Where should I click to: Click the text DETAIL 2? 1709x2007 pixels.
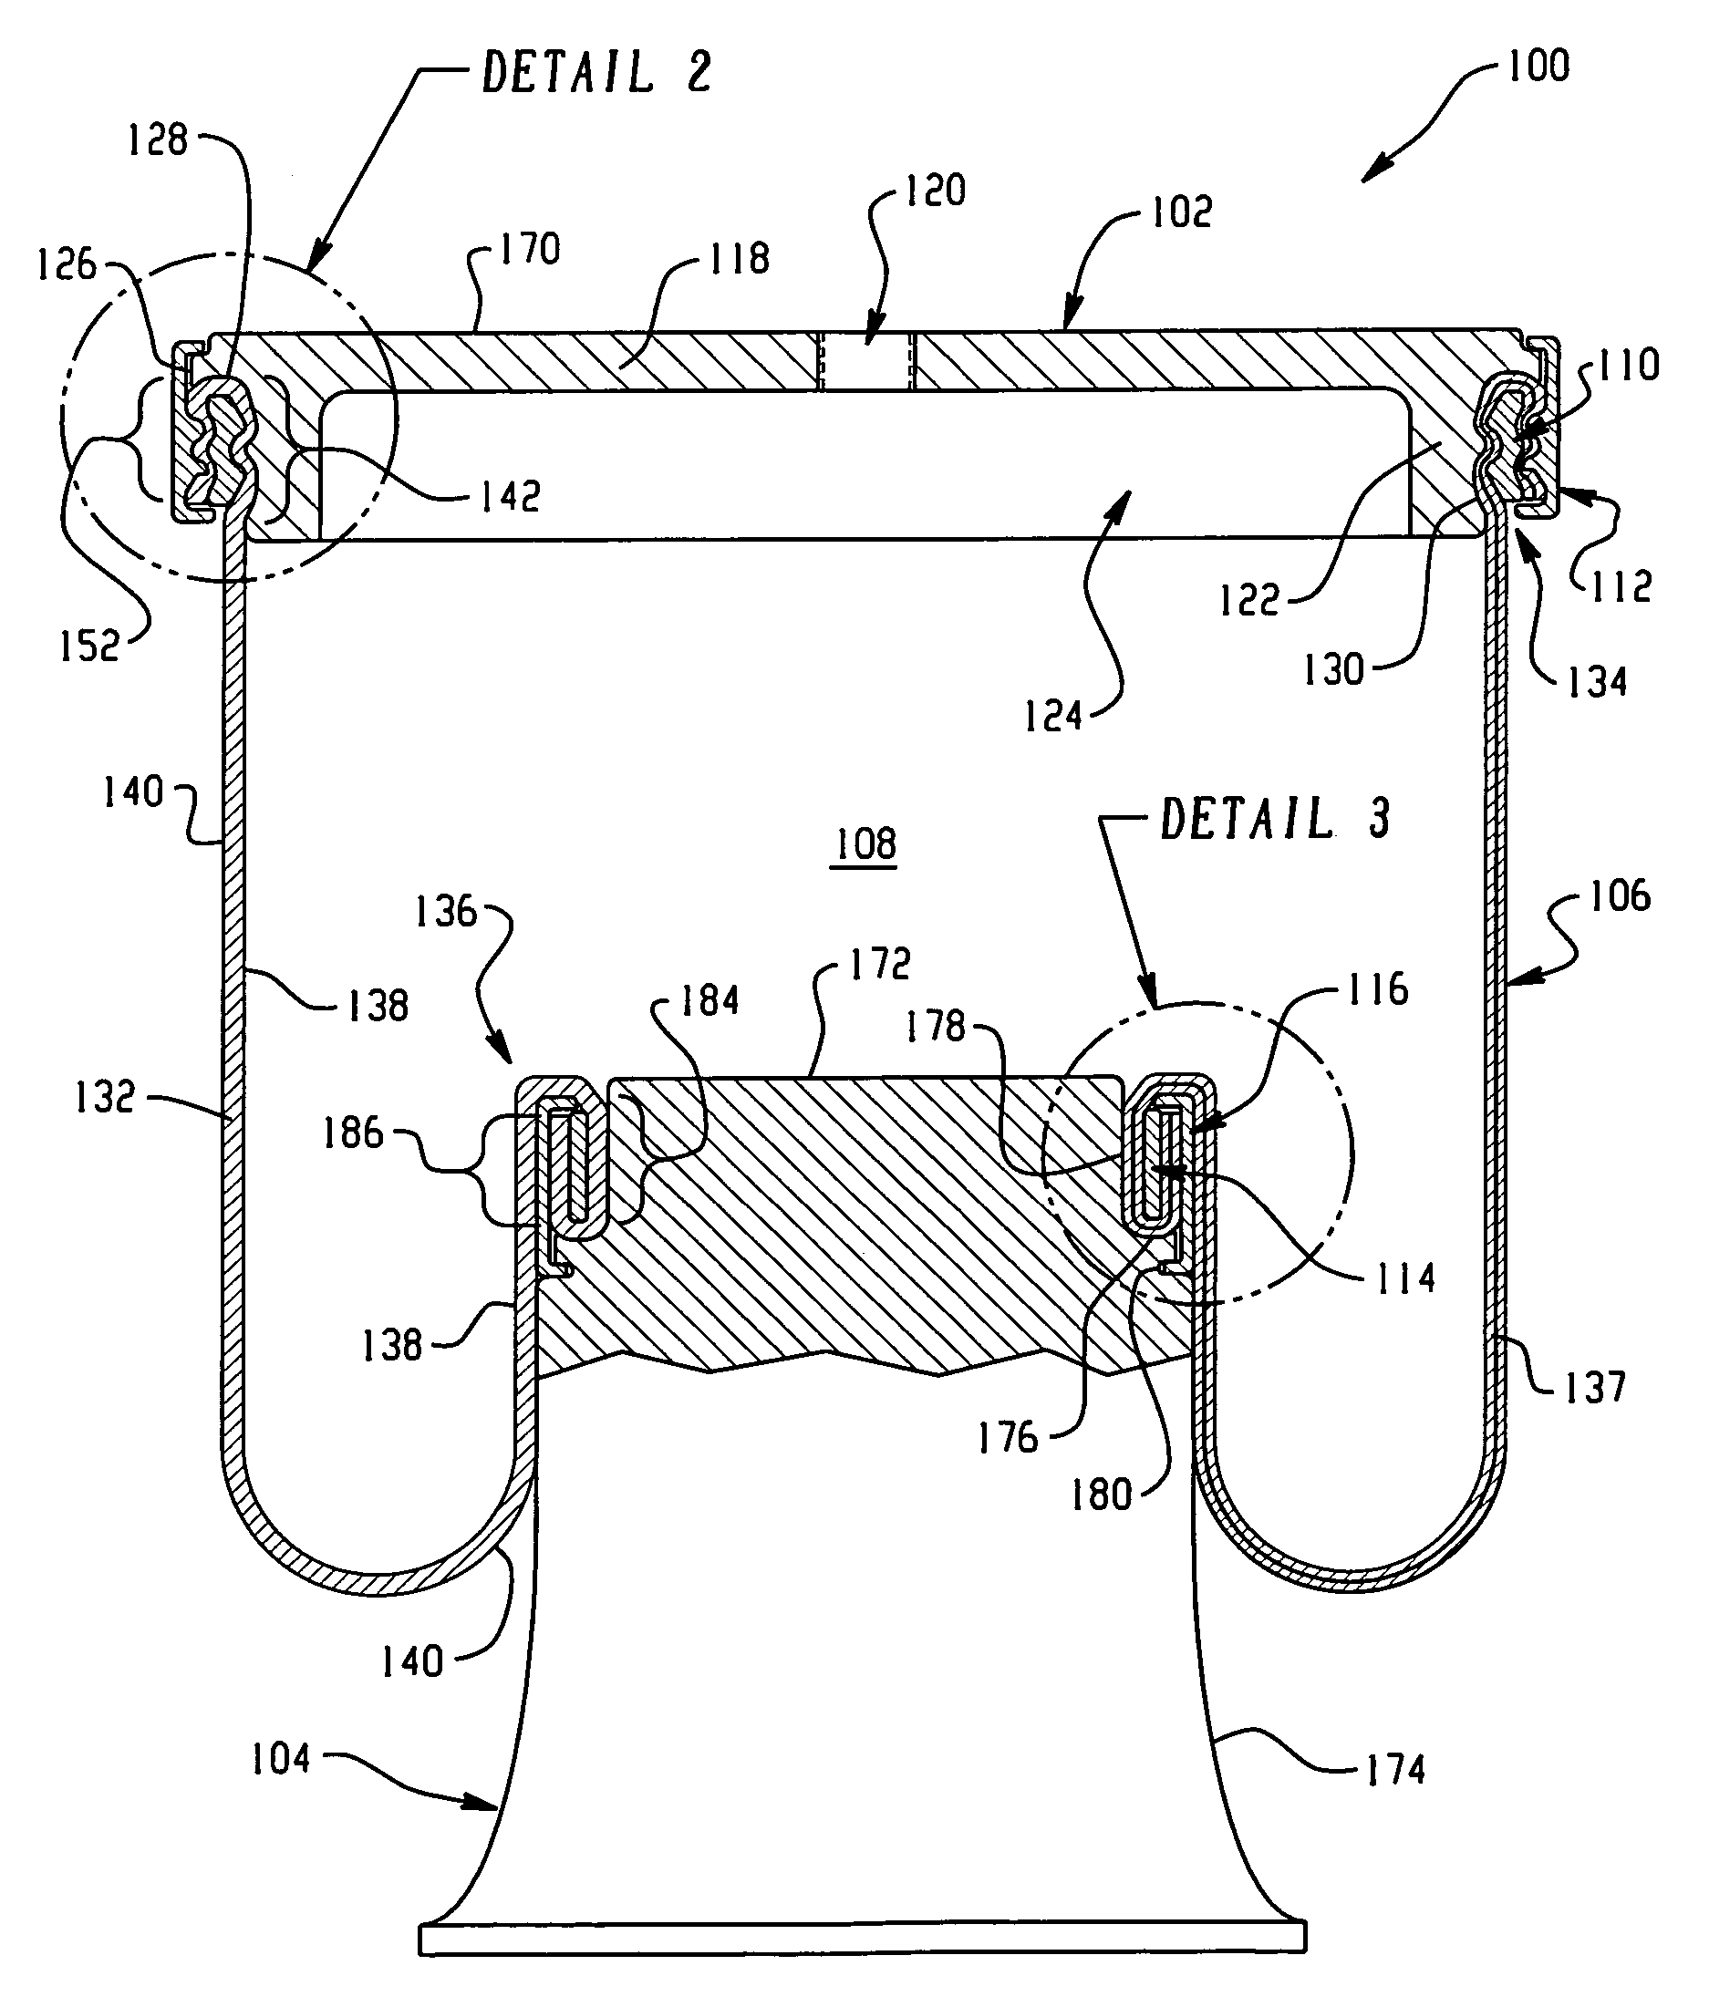[x=596, y=73]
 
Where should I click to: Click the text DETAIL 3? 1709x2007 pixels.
[x=1275, y=819]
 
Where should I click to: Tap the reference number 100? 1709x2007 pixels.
[x=1538, y=66]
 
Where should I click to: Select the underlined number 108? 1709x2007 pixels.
[x=865, y=843]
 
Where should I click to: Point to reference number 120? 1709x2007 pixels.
[x=935, y=190]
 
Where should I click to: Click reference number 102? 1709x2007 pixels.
[x=1181, y=212]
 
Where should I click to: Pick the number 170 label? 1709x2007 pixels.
[x=529, y=249]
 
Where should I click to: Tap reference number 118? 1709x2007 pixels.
[x=740, y=259]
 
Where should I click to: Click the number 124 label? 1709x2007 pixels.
[x=1053, y=717]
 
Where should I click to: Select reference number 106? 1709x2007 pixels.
[x=1619, y=896]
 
